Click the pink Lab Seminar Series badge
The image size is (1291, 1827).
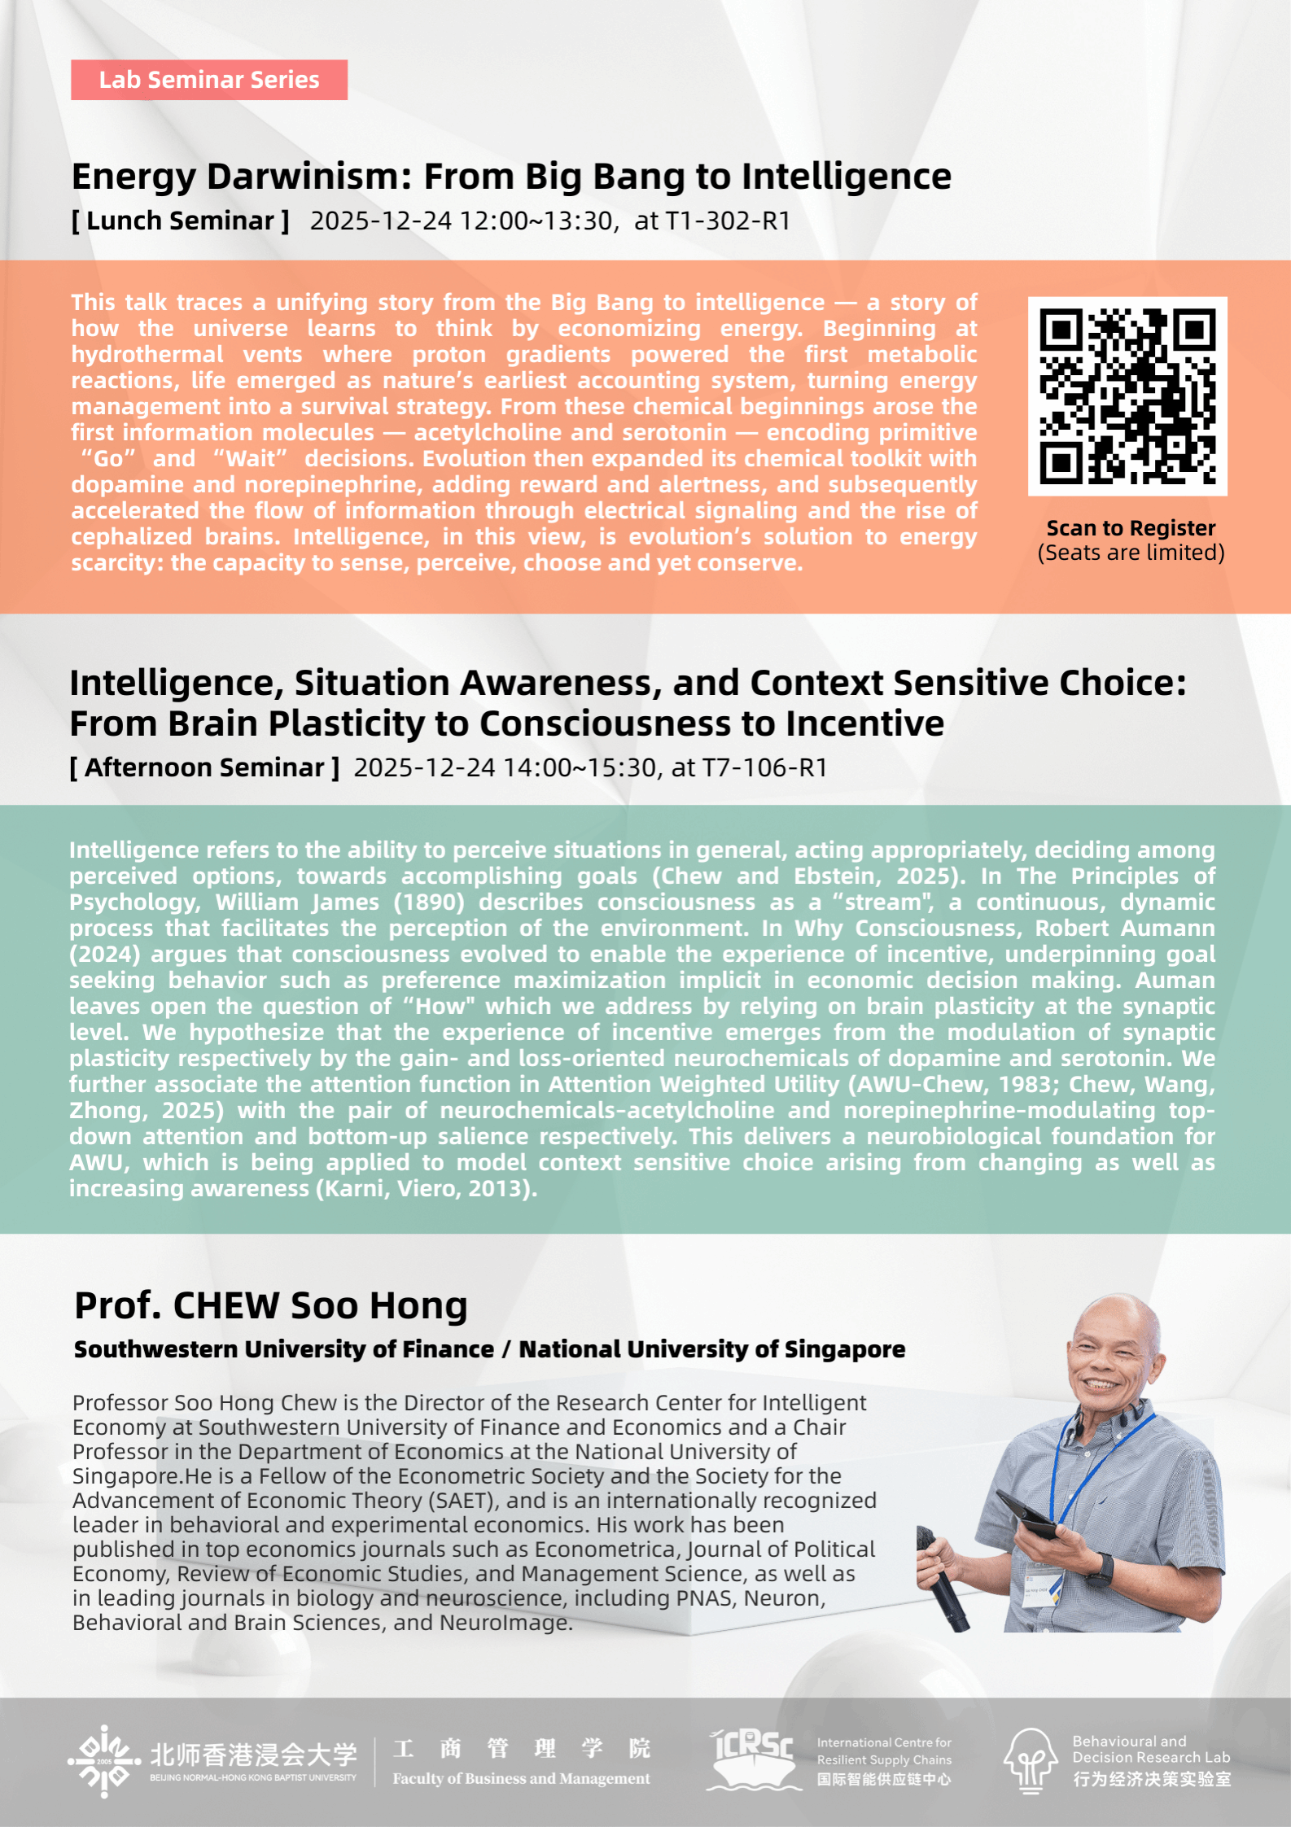[209, 80]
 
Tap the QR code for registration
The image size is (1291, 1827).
[1127, 396]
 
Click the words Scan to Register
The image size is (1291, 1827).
[1131, 528]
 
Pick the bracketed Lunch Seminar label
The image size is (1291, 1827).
[181, 221]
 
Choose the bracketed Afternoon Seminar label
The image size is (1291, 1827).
[204, 767]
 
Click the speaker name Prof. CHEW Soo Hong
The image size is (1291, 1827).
[271, 1306]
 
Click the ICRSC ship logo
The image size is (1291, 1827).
[752, 1759]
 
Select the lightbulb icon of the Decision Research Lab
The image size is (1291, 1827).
[1031, 1759]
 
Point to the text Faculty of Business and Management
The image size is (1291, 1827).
[521, 1779]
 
